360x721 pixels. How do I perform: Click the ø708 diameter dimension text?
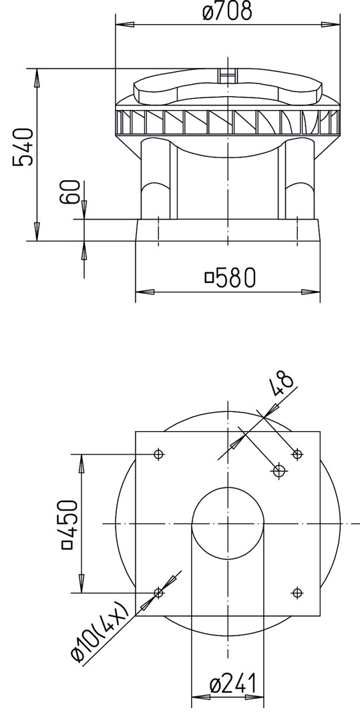click(228, 11)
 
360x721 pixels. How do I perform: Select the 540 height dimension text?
click(23, 147)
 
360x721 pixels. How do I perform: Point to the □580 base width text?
click(230, 277)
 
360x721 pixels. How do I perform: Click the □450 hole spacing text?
click(70, 524)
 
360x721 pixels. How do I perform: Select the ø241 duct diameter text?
click(232, 684)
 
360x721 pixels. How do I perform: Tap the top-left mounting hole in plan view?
click(158, 455)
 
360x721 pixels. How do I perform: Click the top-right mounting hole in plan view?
click(297, 455)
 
